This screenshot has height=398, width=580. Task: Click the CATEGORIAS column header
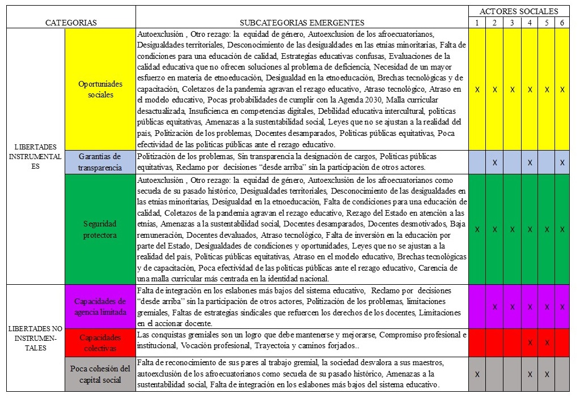(x=71, y=23)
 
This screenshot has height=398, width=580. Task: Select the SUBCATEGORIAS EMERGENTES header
(x=302, y=23)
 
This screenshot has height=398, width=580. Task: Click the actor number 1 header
(x=477, y=23)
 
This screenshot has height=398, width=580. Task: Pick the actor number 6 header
(x=562, y=23)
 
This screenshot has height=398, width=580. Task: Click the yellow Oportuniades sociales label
(x=100, y=89)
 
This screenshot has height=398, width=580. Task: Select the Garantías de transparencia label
(x=100, y=162)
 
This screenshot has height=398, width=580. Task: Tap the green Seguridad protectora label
(x=100, y=229)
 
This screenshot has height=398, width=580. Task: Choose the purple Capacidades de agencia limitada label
(x=100, y=306)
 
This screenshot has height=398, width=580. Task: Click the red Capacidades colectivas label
(x=100, y=343)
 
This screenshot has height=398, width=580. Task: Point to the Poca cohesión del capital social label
(x=100, y=374)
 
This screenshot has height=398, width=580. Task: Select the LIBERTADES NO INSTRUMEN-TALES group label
(x=36, y=338)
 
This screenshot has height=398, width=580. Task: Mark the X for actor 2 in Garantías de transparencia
(x=494, y=162)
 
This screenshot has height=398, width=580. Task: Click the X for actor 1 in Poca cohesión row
(x=477, y=374)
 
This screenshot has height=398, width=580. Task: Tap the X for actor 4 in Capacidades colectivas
(x=530, y=343)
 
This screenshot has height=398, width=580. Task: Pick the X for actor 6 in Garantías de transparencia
(x=562, y=162)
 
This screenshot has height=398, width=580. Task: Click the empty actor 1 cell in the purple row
(x=477, y=306)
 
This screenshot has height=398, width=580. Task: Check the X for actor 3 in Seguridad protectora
(x=512, y=229)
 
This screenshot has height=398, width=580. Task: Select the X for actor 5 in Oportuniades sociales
(x=547, y=89)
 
